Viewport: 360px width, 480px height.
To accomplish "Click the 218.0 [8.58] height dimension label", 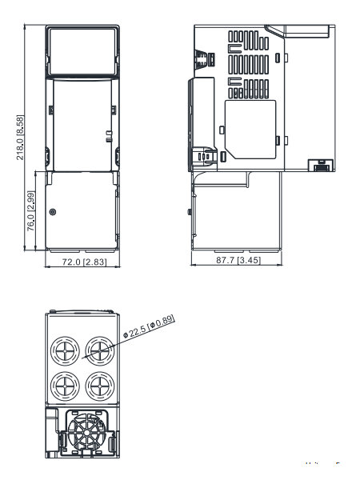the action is (20, 138).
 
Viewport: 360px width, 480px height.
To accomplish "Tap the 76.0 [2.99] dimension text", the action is (31, 211).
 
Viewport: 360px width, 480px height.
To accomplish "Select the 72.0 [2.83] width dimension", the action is (85, 262).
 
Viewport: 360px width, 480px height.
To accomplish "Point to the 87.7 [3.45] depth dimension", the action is (238, 260).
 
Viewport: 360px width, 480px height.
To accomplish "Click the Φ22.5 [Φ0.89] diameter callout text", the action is (149, 326).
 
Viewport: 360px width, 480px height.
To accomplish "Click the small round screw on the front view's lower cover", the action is (53, 212).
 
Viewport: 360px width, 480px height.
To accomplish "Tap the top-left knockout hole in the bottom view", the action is (65, 351).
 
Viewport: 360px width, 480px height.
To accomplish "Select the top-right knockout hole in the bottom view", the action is (100, 351).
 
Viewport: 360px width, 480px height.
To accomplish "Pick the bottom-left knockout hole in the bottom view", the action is (65, 386).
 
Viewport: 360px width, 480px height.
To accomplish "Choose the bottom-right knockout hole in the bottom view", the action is (100, 386).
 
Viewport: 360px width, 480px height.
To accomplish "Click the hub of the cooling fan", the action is (87, 433).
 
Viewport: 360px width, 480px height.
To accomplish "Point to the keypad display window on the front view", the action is (82, 51).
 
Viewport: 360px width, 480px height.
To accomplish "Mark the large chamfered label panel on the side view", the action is (250, 130).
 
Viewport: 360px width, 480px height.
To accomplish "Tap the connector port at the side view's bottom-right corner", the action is (320, 166).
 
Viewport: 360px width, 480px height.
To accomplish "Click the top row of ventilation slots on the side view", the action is (249, 41).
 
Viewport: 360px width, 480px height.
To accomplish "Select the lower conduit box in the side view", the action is (236, 211).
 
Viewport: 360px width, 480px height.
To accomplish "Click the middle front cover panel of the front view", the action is (82, 126).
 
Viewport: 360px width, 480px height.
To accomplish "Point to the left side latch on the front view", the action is (47, 157).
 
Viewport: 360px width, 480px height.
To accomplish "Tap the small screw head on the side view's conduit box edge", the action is (190, 211).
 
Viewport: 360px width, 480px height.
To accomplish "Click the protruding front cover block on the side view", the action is (201, 123).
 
